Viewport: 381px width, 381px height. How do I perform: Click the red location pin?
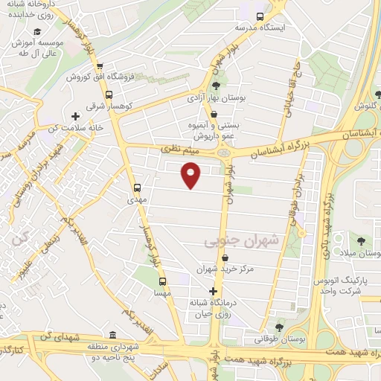(191, 176)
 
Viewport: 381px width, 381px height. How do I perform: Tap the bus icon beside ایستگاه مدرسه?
(260, 16)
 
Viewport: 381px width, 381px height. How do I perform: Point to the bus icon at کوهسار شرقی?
(109, 95)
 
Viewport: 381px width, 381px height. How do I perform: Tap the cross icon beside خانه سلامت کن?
(75, 116)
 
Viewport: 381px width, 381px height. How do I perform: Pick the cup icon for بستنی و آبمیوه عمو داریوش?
(214, 115)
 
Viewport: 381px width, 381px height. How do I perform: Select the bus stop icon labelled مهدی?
(136, 188)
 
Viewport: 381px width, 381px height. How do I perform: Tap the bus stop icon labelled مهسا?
(162, 281)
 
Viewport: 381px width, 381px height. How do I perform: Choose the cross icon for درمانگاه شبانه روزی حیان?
(214, 291)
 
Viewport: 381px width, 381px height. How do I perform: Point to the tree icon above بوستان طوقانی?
(279, 327)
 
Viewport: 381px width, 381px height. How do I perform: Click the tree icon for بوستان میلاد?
(361, 241)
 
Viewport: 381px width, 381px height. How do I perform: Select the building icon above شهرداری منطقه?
(112, 335)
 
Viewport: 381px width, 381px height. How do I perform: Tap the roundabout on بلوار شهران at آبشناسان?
(223, 152)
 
